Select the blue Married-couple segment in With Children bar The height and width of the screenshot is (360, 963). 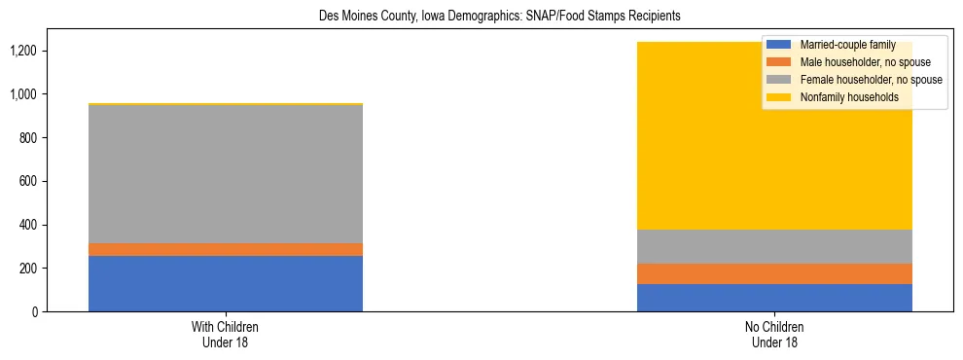[226, 283]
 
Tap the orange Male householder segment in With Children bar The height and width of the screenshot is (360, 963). [226, 249]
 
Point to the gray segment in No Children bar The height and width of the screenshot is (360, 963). [774, 246]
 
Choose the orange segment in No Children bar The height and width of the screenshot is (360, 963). [774, 273]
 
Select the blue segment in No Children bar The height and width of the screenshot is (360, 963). [774, 298]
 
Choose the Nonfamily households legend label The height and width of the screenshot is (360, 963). [847, 97]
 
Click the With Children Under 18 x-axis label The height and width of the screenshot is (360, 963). [226, 334]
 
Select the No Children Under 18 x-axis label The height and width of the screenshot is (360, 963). [774, 334]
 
